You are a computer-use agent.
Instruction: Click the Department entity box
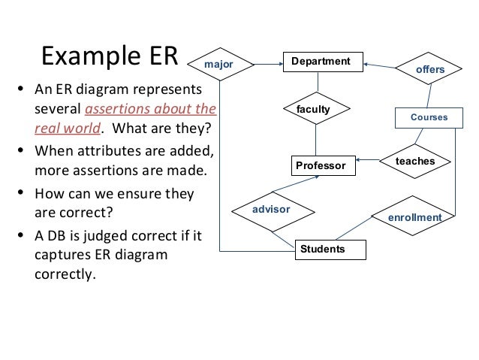pos(321,62)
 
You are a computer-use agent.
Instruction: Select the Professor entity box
pos(321,165)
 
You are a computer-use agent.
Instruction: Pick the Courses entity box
pos(429,117)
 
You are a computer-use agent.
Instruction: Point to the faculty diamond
pos(314,110)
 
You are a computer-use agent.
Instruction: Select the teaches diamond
pos(415,161)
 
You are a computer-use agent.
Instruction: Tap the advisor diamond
pos(270,209)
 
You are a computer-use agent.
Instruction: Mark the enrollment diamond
pos(414,217)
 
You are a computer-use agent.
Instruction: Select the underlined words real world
pos(60,126)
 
